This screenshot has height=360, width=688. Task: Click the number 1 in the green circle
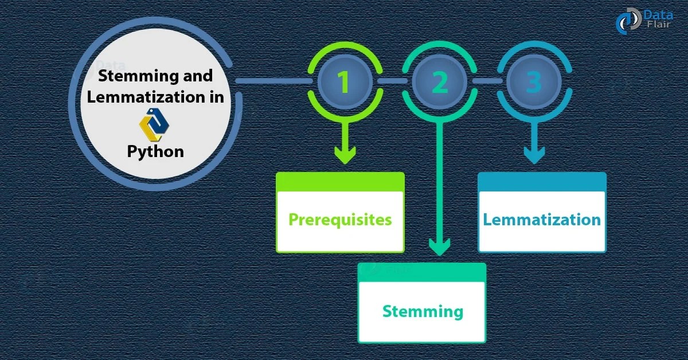(343, 82)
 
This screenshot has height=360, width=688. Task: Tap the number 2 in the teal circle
(439, 82)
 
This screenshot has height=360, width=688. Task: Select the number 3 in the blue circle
(533, 82)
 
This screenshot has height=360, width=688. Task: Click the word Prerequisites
(340, 220)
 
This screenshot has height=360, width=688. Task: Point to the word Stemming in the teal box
(422, 311)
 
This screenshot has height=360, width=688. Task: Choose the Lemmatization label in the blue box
(542, 220)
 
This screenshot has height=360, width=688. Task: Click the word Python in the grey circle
(155, 151)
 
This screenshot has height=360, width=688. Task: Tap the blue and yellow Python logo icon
(155, 125)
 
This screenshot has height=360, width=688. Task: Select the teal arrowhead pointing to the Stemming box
(439, 246)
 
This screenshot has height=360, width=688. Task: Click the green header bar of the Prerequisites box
(340, 182)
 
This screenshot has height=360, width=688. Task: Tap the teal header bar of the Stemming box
(422, 272)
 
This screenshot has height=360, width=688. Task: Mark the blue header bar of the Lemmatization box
(542, 182)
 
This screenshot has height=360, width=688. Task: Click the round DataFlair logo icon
(628, 21)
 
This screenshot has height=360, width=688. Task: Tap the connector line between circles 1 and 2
(392, 81)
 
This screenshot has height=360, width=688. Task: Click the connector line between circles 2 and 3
(486, 81)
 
